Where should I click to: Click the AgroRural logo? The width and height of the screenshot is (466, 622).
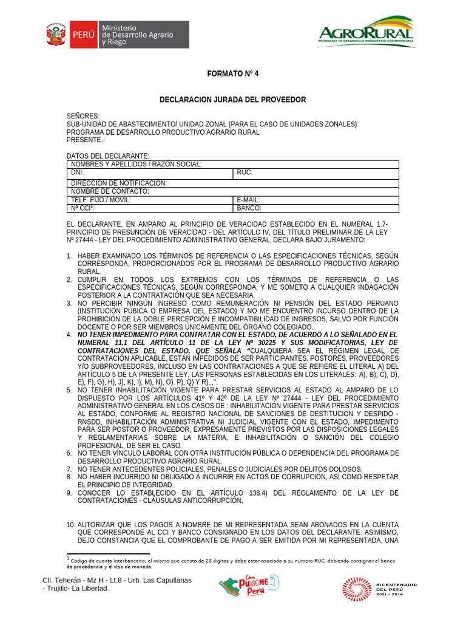365,32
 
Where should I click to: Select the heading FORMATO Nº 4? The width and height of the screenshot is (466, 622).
232,73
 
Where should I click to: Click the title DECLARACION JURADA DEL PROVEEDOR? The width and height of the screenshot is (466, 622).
232,100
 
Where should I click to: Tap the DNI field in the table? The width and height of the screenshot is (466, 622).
150,173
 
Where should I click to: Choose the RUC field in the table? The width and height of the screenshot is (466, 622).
316,173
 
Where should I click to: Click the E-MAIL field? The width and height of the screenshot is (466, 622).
316,200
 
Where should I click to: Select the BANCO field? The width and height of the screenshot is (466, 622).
316,208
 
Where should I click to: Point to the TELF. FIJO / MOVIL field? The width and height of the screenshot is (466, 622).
150,200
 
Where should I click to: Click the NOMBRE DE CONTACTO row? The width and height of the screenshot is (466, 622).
232,191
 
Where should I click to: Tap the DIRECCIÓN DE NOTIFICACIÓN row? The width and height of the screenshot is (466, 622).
232,183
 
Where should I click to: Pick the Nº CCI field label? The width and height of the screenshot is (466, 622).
81,208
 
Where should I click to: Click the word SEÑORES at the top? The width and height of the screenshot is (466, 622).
83,116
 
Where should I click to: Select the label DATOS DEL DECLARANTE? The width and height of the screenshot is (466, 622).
107,156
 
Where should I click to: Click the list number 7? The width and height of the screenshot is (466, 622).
69,469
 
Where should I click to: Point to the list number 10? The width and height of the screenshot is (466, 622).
70,524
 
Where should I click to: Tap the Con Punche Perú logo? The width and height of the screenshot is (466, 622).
249,587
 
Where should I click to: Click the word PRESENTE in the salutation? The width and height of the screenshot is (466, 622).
84,140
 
